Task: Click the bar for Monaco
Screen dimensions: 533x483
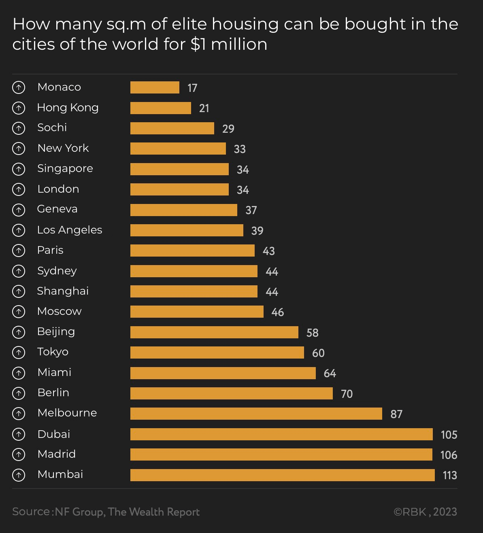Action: (x=155, y=87)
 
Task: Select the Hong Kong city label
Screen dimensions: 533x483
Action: (x=68, y=108)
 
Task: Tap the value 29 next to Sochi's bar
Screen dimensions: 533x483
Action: (x=228, y=129)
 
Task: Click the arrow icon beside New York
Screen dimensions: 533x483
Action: (x=19, y=149)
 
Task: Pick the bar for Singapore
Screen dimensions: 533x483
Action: (x=179, y=169)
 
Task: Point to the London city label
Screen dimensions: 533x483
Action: (x=58, y=189)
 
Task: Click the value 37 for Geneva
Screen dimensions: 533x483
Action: (x=251, y=210)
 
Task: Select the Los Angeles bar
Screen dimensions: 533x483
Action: (x=187, y=230)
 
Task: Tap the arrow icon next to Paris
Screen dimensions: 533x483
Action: (x=19, y=251)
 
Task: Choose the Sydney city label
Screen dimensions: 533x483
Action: (x=57, y=271)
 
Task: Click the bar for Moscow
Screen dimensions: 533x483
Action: (x=197, y=312)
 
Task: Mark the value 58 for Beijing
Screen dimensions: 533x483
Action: (x=313, y=333)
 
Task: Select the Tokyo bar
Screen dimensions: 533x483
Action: (x=217, y=353)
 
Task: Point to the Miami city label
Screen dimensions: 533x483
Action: (x=54, y=372)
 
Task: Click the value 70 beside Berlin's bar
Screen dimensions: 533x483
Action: (x=347, y=394)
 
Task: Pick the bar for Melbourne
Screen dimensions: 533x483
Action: (x=256, y=414)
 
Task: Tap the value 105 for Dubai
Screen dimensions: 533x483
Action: (x=449, y=435)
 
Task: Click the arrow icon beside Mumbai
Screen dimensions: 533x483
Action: (x=19, y=475)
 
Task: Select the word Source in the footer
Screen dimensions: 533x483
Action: (x=31, y=512)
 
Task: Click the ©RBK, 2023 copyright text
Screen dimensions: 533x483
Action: (x=425, y=512)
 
